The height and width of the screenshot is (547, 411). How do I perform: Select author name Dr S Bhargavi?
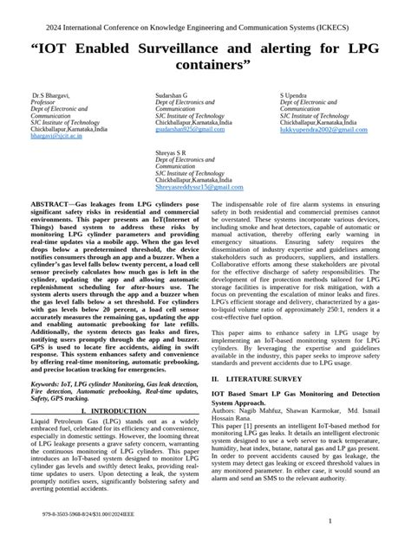point(51,93)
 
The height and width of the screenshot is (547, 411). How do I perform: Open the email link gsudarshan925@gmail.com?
point(186,129)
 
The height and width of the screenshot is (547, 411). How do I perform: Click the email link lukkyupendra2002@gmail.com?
point(323,129)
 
